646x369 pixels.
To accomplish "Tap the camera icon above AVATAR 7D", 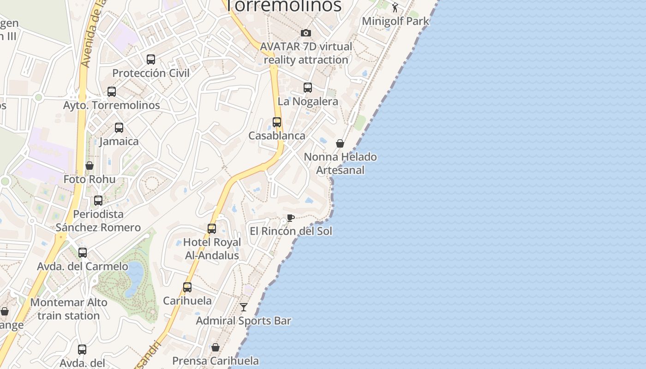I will [x=305, y=33].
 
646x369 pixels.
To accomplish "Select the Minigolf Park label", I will [x=395, y=21].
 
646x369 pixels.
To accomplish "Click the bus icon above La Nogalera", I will [x=308, y=87].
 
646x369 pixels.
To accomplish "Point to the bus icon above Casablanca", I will [x=277, y=122].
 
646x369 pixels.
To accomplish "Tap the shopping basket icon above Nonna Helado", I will [x=340, y=143].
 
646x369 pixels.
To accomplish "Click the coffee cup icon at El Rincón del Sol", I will [x=290, y=218].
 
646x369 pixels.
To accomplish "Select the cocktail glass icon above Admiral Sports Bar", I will [x=244, y=307].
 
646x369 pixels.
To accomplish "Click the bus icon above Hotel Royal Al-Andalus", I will [x=212, y=228].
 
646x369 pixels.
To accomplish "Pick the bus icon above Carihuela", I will [x=187, y=287].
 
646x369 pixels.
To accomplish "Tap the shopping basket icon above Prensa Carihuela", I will [x=215, y=347].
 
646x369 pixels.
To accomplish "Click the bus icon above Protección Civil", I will [x=151, y=60].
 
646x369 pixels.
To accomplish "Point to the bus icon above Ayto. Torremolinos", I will [x=112, y=92].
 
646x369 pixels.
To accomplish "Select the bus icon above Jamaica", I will [x=119, y=128].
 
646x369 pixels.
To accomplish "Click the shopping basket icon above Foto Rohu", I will [x=90, y=166].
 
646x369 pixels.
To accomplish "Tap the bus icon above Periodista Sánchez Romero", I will [x=98, y=201].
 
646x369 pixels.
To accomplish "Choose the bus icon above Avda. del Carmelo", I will [x=83, y=253].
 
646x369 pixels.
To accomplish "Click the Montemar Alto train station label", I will [x=69, y=309].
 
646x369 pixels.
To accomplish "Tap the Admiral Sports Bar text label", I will [x=244, y=321].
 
